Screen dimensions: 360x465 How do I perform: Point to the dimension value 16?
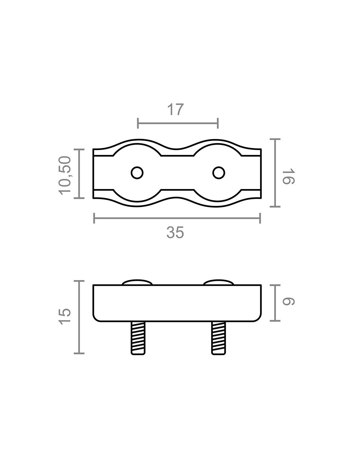tap(289, 177)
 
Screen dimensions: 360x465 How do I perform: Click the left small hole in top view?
tap(137, 173)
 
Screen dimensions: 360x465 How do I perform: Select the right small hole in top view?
tap(219, 173)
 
